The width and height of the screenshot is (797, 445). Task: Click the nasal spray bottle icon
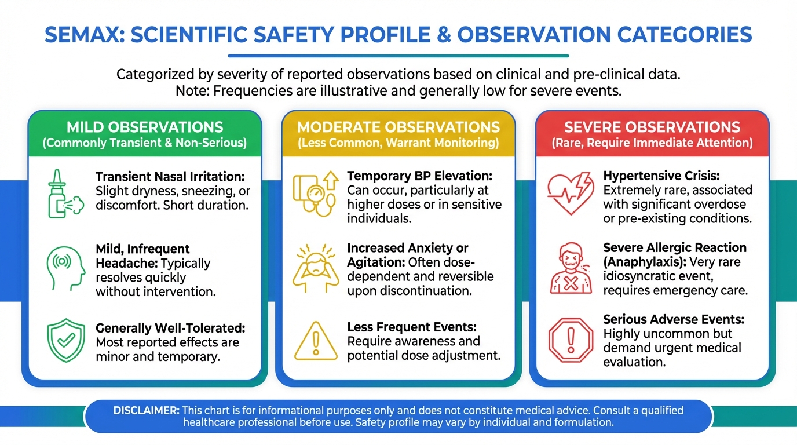point(65,194)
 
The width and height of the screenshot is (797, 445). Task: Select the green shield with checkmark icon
point(66,340)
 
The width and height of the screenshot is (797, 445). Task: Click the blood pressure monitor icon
point(316,194)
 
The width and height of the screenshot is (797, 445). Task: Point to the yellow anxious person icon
point(316,268)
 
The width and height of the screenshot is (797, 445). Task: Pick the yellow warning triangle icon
point(316,341)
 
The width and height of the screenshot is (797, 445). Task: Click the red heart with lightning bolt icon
point(571,194)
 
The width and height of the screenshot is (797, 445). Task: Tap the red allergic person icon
point(571,268)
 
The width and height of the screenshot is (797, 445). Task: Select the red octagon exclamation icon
point(571,340)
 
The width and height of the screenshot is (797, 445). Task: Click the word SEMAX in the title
point(85,35)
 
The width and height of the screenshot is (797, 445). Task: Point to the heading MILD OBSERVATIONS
point(145,127)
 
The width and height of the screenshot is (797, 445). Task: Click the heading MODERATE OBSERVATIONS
point(398,127)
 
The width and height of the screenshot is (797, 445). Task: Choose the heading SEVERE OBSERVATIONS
point(652,127)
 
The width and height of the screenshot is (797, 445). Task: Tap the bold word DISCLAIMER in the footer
point(146,410)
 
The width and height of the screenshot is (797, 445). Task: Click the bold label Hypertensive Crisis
point(661,176)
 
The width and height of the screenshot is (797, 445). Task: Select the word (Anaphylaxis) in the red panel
point(645,262)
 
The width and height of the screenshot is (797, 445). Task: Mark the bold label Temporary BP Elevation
point(420,176)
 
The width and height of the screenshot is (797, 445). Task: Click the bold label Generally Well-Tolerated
point(170,328)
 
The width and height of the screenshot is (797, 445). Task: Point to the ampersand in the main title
point(443,35)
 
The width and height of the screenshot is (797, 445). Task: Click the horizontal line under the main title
point(398,56)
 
